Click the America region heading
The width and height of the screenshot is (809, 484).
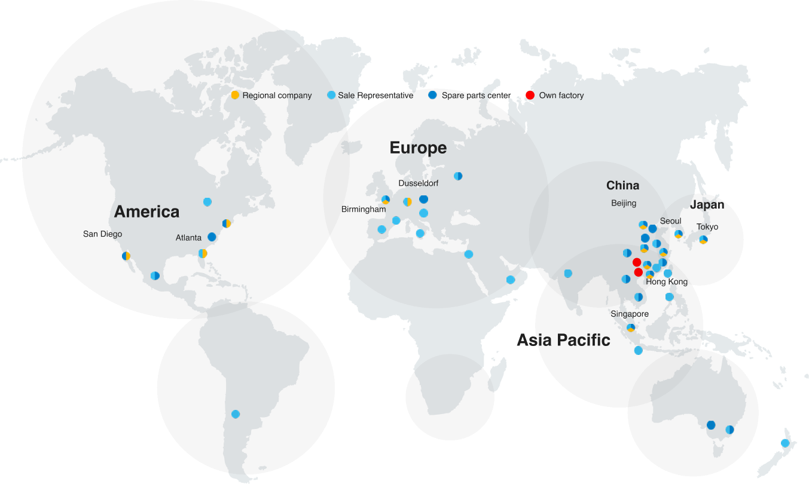click(x=146, y=212)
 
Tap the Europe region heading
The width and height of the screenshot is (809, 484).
click(x=418, y=148)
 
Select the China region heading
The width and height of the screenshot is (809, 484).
click(x=622, y=185)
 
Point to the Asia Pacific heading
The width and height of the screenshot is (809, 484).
click(x=563, y=340)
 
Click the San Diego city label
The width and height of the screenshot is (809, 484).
click(x=102, y=234)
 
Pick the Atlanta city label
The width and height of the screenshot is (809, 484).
click(x=188, y=237)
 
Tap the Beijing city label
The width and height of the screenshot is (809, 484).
click(x=624, y=203)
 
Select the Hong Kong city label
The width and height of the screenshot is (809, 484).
click(x=667, y=281)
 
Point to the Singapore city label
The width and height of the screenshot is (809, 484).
click(x=630, y=314)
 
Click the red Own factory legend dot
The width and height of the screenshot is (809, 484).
click(x=530, y=95)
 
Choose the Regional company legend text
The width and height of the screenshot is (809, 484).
click(x=277, y=96)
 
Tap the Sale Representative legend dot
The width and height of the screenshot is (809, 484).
click(x=331, y=95)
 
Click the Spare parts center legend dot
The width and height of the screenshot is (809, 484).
click(x=433, y=95)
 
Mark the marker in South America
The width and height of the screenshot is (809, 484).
click(x=236, y=414)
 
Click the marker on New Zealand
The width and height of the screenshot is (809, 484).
click(x=785, y=443)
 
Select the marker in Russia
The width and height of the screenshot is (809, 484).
click(x=458, y=176)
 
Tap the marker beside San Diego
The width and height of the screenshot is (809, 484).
click(x=126, y=256)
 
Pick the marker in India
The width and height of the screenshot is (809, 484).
click(x=567, y=274)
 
